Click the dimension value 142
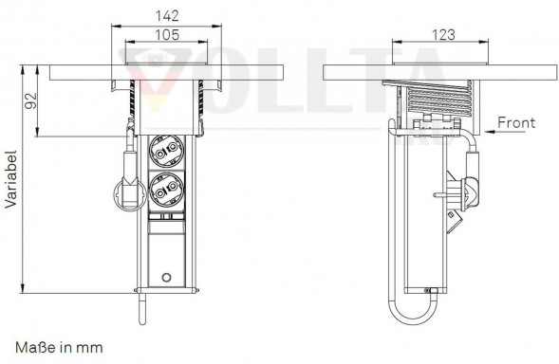point(167,16)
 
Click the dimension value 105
point(167,35)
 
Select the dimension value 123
point(443,35)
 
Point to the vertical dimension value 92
point(30,100)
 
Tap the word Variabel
point(11,179)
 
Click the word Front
point(516,123)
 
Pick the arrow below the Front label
point(506,132)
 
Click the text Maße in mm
point(59,347)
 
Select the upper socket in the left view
point(166,151)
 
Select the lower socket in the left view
point(166,190)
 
